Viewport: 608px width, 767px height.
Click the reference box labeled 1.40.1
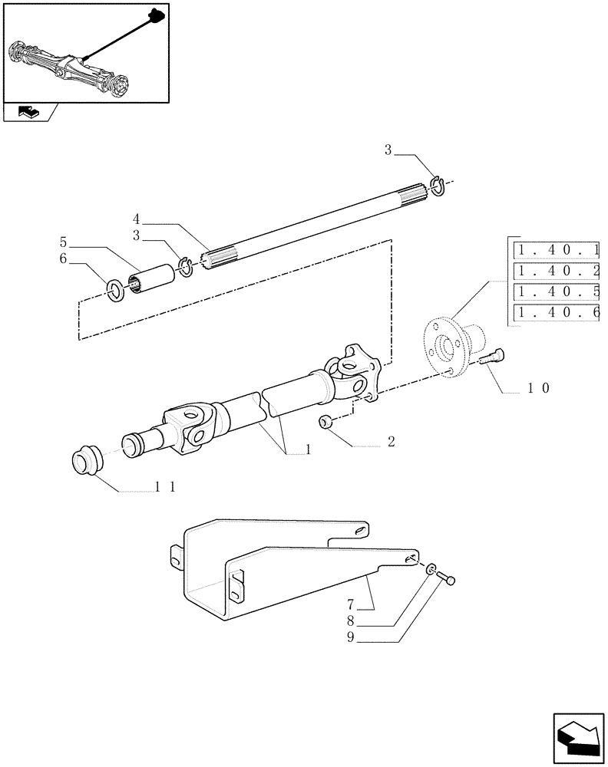pyautogui.click(x=558, y=249)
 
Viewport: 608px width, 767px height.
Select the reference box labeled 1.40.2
pyautogui.click(x=558, y=271)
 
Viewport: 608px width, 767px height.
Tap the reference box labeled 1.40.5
pyautogui.click(x=558, y=291)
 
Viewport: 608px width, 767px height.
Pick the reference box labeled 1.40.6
pyautogui.click(x=558, y=313)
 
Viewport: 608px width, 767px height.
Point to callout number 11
pyautogui.click(x=165, y=487)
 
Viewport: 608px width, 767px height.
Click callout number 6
pyautogui.click(x=64, y=259)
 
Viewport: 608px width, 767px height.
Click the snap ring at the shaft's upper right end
pyautogui.click(x=438, y=185)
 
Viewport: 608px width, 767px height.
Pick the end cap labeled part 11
pyautogui.click(x=87, y=461)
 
